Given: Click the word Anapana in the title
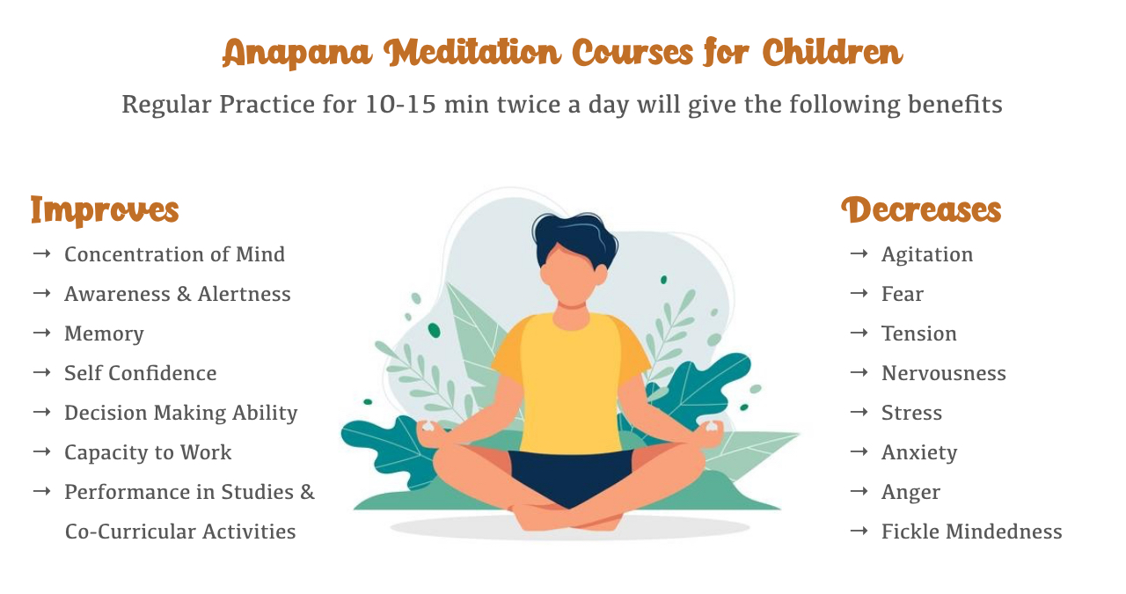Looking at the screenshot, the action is (x=296, y=53).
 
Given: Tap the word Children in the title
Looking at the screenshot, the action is (x=832, y=52).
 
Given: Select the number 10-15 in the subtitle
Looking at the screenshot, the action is (x=400, y=105).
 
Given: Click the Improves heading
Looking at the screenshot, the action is (x=105, y=210).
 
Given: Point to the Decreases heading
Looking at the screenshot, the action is (x=921, y=209).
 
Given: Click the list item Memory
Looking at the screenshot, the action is (x=104, y=334).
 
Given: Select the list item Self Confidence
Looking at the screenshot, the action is (x=140, y=373).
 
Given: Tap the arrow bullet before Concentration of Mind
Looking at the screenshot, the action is (x=41, y=253).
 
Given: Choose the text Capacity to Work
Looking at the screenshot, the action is (x=148, y=452).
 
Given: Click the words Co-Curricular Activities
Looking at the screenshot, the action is (x=180, y=532).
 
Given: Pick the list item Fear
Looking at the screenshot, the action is (x=903, y=294).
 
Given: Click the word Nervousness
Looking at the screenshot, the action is (x=944, y=373).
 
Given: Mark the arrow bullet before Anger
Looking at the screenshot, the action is (x=859, y=491).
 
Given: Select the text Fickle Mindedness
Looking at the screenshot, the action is (x=972, y=532).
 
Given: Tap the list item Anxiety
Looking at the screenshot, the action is (x=919, y=452).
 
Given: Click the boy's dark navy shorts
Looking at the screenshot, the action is (x=571, y=475).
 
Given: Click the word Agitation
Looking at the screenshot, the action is (x=927, y=255).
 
